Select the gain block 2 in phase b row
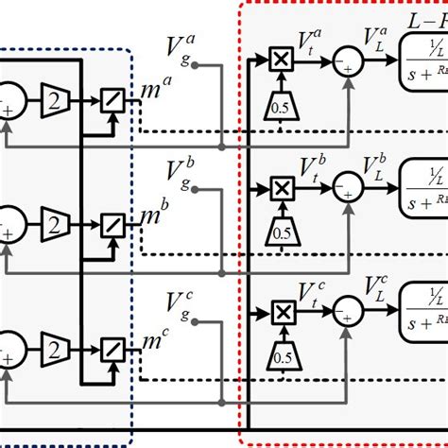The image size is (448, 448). (54, 224)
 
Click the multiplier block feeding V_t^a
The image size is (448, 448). (281, 60)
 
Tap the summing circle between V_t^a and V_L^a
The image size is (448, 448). (350, 60)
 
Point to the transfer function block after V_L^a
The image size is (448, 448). (425, 60)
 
